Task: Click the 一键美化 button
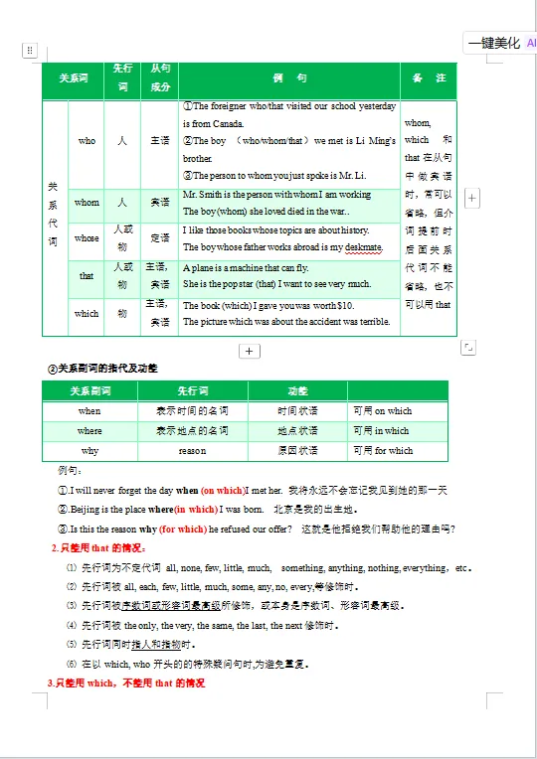494,43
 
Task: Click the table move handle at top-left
30,50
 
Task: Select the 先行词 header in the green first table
122,78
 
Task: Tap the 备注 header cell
429,78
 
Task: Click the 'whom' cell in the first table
87,203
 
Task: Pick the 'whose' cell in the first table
87,238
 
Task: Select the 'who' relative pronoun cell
87,141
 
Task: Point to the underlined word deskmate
363,247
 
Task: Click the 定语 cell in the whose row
159,238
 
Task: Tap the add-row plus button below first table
250,351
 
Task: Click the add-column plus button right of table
472,199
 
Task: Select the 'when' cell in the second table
89,410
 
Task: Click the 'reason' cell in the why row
192,450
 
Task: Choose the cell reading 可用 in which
381,430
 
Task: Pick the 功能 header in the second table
297,390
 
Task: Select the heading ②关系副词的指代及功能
103,369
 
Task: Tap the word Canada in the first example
228,124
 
